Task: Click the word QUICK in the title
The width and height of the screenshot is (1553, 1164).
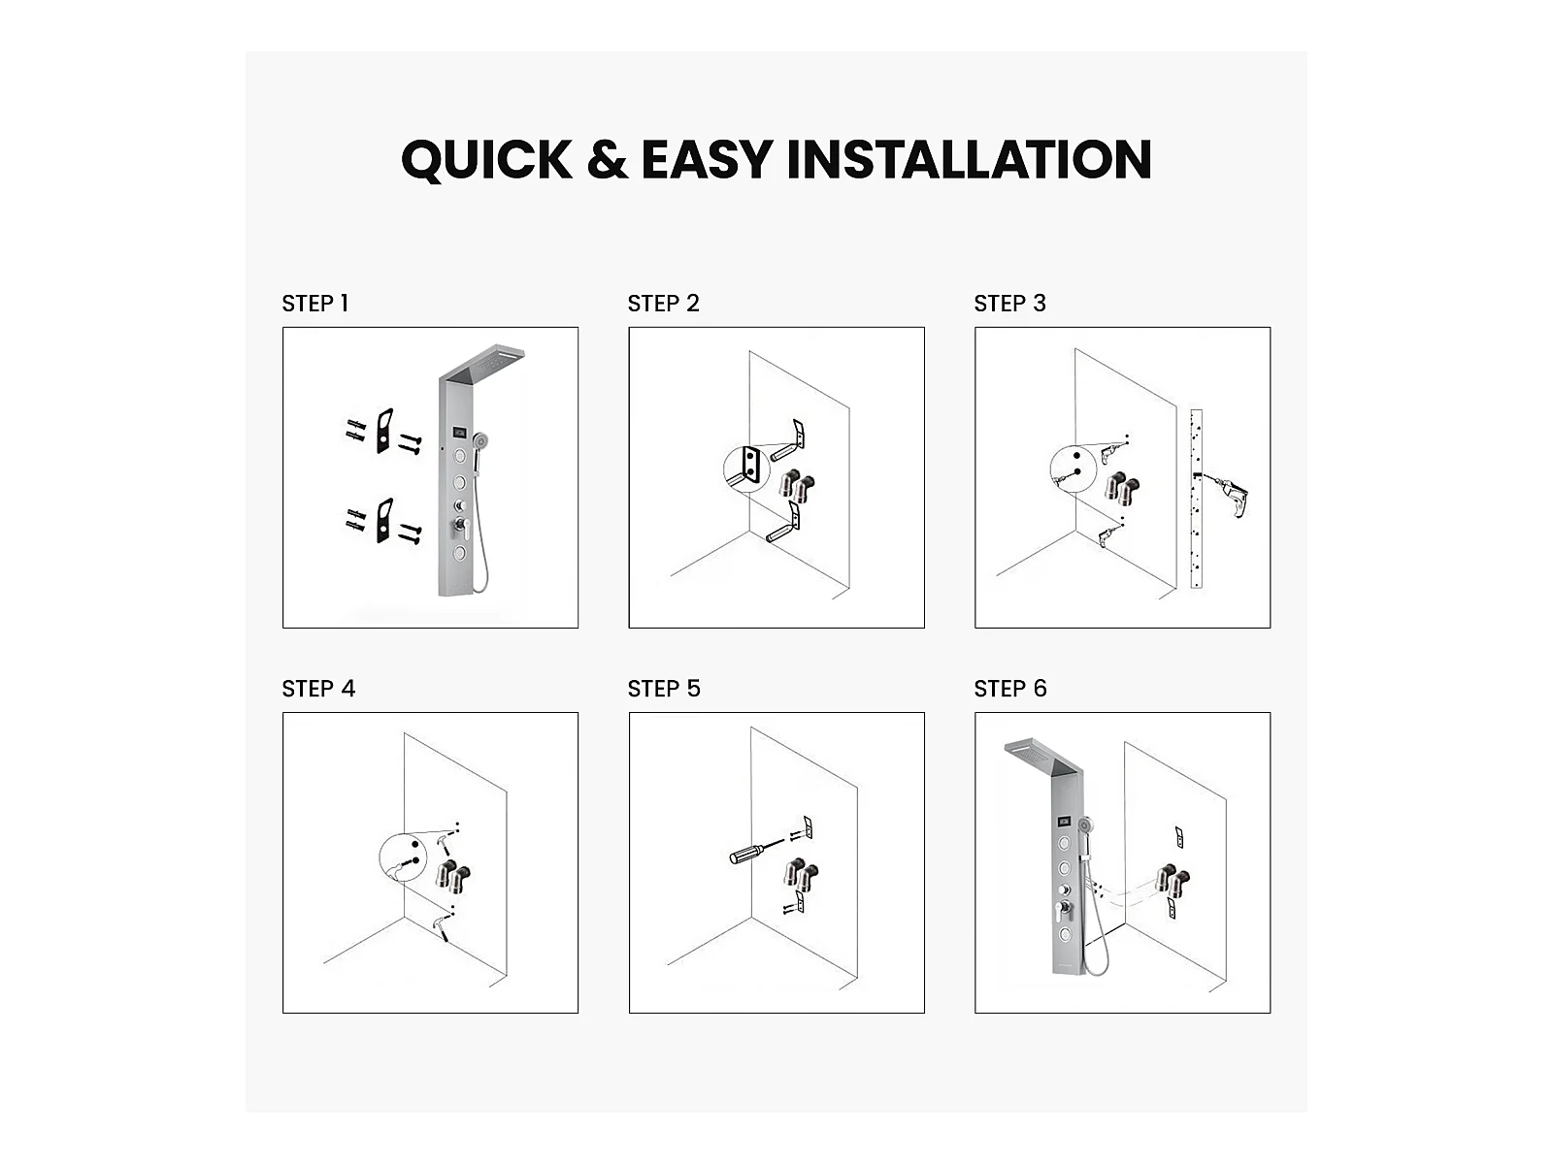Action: tap(487, 160)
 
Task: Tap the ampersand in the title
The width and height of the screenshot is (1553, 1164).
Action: tap(607, 159)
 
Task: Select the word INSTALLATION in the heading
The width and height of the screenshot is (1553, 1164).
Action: tap(969, 159)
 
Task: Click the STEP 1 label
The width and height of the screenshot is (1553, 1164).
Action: tap(314, 304)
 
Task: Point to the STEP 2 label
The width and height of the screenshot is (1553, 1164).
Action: tap(663, 304)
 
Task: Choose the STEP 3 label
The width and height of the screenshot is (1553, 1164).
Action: tap(1009, 304)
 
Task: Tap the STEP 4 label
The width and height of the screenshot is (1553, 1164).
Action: tap(318, 689)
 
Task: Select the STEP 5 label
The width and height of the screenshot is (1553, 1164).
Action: tap(664, 689)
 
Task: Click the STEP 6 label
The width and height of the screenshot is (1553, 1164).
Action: tap(1010, 689)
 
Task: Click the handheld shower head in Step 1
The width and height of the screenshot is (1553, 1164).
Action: tap(482, 442)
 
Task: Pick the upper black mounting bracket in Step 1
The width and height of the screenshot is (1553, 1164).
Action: tap(384, 431)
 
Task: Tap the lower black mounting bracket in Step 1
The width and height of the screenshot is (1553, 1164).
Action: tap(384, 520)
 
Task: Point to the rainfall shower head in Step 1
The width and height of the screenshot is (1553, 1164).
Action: tap(482, 365)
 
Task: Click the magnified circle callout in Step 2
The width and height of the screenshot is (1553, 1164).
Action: tap(746, 469)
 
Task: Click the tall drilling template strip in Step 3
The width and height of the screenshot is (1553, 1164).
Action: tap(1197, 499)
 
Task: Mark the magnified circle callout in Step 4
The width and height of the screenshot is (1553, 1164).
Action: tap(403, 857)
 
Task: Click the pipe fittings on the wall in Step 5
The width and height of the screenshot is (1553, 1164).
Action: tap(801, 875)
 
